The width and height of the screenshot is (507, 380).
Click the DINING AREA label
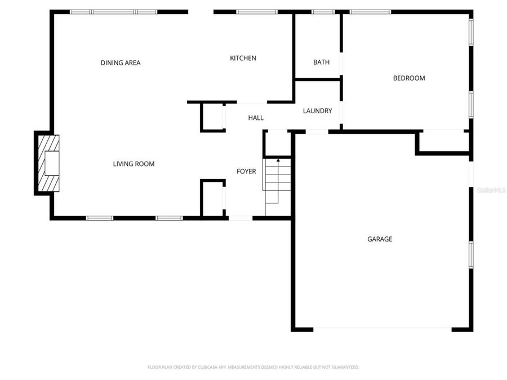pos(121,62)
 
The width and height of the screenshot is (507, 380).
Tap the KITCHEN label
pos(243,58)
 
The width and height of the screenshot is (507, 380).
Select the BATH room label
pos(322,62)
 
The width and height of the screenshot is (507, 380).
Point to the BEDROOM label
pos(409,78)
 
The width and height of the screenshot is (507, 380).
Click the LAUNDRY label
pos(318,111)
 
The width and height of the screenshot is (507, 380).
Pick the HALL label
pos(256,118)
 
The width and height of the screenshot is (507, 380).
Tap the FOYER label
pos(246,171)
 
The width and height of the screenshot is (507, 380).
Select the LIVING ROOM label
pos(134,164)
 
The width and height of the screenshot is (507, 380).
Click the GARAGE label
pos(380,239)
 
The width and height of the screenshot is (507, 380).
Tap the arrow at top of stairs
pos(278,161)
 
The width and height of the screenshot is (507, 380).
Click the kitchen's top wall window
pos(256,12)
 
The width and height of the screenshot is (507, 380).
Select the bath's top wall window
pos(323,12)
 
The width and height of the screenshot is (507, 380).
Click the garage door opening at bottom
pos(383,329)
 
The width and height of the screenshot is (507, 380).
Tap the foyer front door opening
pos(241,218)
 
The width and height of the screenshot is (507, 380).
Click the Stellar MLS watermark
pos(491,191)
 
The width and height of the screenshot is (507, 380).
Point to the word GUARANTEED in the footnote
pos(345,367)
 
